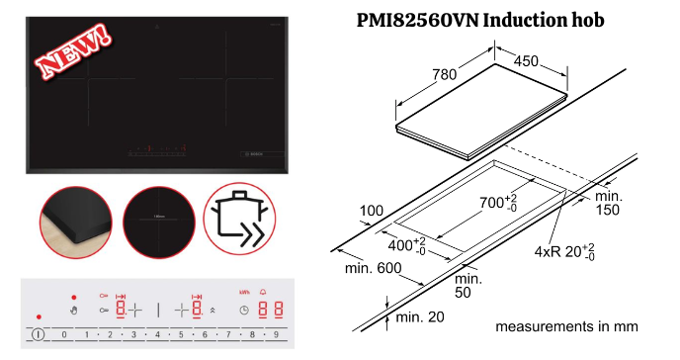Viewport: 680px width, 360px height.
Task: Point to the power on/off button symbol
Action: pos(38,334)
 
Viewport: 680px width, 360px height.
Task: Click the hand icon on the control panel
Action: pos(74,312)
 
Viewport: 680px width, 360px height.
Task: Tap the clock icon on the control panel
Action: pos(243,311)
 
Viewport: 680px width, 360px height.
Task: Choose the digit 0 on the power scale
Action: pos(64,334)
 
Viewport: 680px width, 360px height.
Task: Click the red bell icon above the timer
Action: pos(263,293)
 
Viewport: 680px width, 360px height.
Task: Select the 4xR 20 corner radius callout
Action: pos(563,251)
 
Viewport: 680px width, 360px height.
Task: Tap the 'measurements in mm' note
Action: pos(566,325)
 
